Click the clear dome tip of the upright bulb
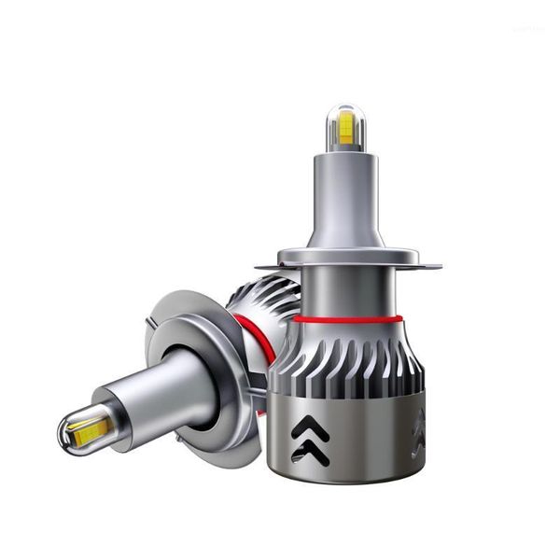click(344, 113)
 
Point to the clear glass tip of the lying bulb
click(70, 432)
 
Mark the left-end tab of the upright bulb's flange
click(262, 265)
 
